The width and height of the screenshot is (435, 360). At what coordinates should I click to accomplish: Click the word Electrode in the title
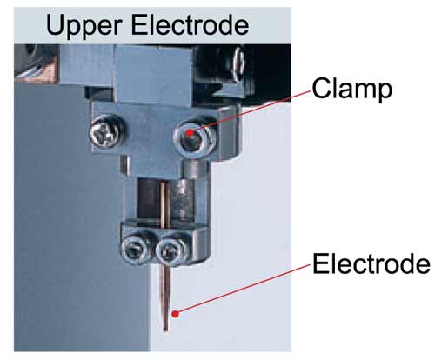190,25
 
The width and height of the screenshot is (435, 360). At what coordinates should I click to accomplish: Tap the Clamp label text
352,90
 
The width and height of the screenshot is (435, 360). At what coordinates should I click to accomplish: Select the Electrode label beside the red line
371,263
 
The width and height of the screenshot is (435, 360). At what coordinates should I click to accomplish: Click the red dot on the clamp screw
190,133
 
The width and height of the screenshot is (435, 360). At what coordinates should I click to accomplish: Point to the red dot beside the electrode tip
175,314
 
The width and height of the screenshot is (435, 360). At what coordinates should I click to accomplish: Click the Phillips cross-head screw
104,134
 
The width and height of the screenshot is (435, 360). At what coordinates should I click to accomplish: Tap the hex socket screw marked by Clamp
194,138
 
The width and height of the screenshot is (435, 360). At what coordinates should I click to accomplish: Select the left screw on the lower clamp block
134,248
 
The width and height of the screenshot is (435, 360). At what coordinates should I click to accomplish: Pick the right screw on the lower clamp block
170,250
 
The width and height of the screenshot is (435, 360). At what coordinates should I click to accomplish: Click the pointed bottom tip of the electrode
165,330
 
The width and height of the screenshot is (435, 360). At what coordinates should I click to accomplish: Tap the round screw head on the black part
239,64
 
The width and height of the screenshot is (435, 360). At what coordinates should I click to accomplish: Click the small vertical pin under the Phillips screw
124,165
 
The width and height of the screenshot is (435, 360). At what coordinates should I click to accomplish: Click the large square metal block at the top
154,75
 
